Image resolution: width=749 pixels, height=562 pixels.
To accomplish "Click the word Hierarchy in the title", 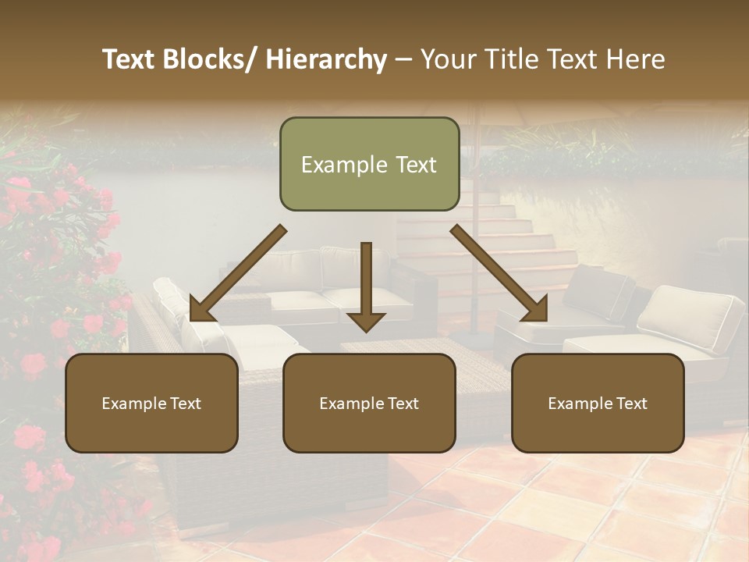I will point(326,59).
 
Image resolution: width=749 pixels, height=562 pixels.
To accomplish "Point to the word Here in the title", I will point(637,59).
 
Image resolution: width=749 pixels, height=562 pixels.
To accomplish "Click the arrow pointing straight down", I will point(366,285).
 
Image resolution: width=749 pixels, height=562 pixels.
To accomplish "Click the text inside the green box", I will point(369,165).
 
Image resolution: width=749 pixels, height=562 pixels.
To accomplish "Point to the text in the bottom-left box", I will point(151,404).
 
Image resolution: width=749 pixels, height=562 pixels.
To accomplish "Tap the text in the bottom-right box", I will point(598,404).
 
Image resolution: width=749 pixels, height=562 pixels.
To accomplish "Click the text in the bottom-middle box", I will point(369,404).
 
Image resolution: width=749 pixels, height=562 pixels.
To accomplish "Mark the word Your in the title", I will point(449,59).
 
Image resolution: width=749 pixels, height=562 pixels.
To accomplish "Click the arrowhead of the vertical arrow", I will point(366,320).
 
